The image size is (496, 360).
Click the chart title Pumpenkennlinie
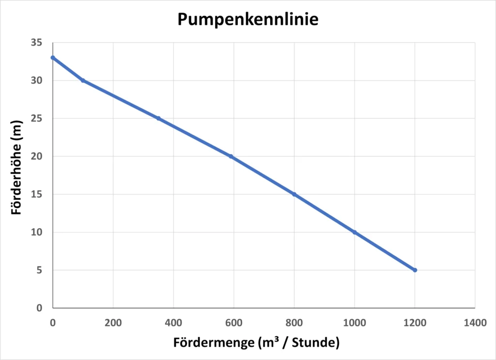(248, 19)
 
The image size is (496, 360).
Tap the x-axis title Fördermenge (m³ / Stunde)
(256, 343)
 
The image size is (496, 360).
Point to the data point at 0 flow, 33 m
(53, 58)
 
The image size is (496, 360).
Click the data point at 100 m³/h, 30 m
(83, 80)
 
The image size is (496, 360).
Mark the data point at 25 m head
(158, 118)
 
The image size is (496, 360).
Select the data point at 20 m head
(231, 157)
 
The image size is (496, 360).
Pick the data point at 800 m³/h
(294, 194)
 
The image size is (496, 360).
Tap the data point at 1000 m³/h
(355, 232)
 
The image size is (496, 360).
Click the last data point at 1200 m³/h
(415, 270)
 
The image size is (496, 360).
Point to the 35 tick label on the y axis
(37, 43)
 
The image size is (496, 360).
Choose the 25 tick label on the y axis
(37, 118)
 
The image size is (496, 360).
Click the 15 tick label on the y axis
(37, 194)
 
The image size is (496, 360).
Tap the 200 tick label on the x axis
(113, 322)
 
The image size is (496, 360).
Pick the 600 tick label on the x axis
(233, 322)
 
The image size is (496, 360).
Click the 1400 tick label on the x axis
(475, 322)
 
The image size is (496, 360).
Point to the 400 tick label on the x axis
(173, 322)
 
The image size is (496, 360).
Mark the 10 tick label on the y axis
(37, 232)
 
